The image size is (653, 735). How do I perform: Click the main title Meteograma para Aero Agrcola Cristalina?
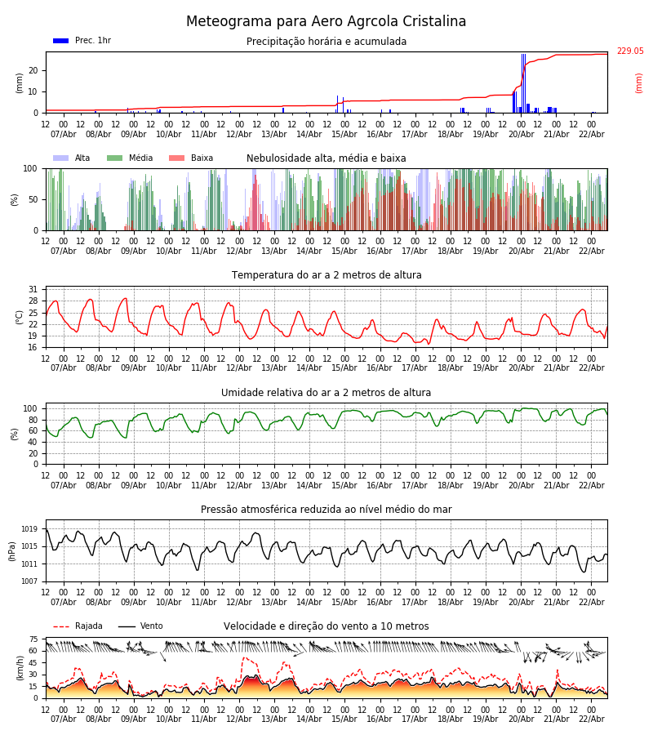point(326,22)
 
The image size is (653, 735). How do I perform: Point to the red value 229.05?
point(629,51)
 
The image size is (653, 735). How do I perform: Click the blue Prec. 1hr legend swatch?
point(60,41)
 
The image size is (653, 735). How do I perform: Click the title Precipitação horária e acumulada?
point(326,42)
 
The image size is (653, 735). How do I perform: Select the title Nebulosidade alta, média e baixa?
point(326,158)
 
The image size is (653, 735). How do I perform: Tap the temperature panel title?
point(326,275)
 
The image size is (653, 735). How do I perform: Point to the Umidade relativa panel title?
point(326,393)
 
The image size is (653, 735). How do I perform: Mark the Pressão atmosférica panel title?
point(326,510)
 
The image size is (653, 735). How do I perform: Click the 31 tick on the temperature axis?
point(33,290)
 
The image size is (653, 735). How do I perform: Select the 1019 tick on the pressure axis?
point(29,529)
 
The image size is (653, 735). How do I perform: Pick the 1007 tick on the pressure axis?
point(29,581)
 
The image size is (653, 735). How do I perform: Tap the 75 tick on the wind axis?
point(33,639)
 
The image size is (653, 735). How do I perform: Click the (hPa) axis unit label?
point(12,550)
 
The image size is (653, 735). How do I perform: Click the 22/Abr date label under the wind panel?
point(591,719)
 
